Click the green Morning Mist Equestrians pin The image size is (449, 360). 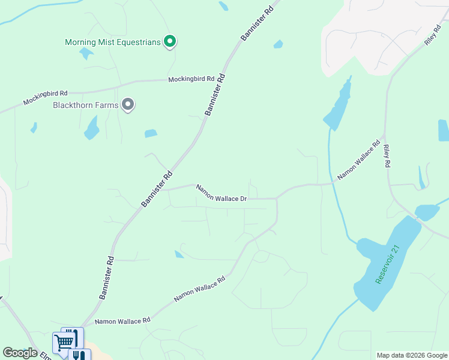coord(170,41)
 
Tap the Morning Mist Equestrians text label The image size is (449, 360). coord(113,42)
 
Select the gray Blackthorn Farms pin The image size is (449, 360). coord(127,105)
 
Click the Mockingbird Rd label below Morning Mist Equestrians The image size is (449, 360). coord(191,79)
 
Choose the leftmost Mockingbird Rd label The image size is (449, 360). coord(46,98)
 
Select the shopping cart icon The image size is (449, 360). coord(64,343)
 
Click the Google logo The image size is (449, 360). coord(20,353)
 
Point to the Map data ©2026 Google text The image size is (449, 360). coord(411,355)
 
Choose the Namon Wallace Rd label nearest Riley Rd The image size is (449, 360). coord(358,160)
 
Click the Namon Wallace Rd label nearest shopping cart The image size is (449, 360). coord(122,322)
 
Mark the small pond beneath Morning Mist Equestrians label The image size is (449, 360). coord(86,53)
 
